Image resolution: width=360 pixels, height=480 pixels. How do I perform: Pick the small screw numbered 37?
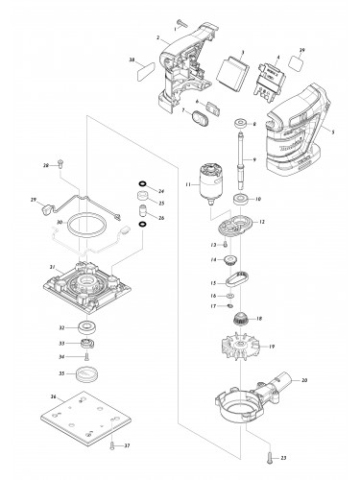coord(112,444)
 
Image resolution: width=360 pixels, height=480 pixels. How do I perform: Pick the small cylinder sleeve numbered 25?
coord(142,204)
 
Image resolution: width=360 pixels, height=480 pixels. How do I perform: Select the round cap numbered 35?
coord(90,374)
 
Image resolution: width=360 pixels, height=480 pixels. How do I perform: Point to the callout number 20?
coord(331,381)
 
